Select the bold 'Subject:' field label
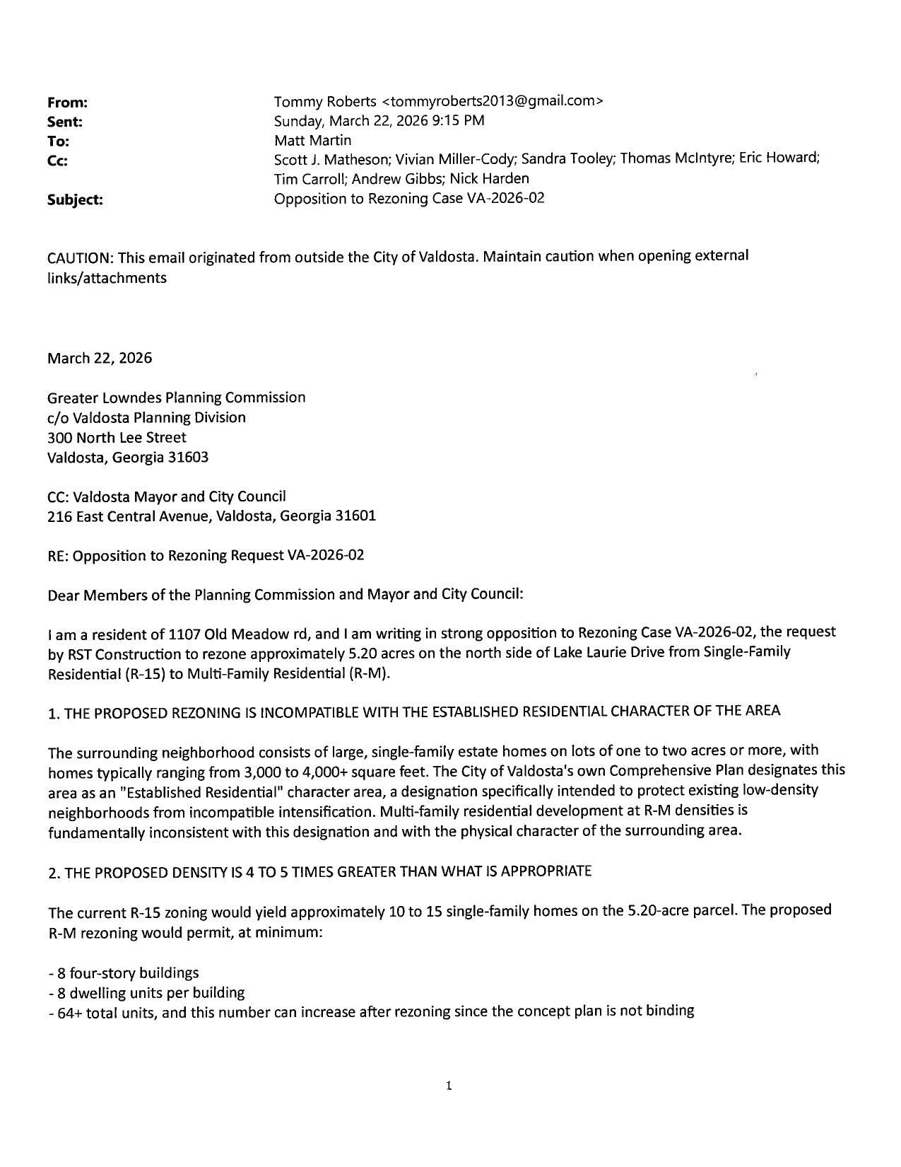[75, 200]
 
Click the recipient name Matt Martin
[312, 140]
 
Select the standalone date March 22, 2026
[100, 358]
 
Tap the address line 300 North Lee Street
[117, 437]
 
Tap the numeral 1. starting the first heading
[54, 713]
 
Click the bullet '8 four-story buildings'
[127, 972]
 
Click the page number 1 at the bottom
[449, 1086]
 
